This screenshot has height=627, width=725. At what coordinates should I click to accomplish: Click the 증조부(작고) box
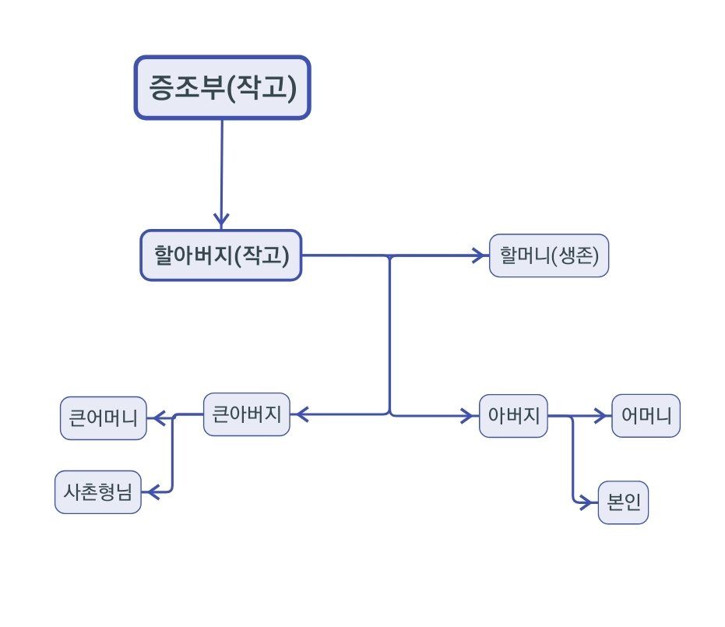223,87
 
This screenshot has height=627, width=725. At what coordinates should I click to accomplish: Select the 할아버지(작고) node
221,255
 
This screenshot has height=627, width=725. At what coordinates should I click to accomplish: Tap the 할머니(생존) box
549,255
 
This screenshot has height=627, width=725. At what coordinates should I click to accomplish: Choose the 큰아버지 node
246,414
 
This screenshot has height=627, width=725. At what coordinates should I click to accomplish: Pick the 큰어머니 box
104,419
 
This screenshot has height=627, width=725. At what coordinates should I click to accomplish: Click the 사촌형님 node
98,492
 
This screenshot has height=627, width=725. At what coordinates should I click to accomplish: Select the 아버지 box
514,415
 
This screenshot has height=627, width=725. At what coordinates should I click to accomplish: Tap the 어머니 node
646,415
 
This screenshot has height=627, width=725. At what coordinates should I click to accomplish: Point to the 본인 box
623,503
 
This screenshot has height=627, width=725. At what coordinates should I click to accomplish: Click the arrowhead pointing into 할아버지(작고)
222,220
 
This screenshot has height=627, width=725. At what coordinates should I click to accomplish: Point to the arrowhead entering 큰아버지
299,415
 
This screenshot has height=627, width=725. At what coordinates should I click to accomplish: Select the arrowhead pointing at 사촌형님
150,492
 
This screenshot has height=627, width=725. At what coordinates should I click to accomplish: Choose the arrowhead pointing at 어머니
603,416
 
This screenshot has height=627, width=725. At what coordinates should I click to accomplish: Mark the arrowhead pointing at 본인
589,503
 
